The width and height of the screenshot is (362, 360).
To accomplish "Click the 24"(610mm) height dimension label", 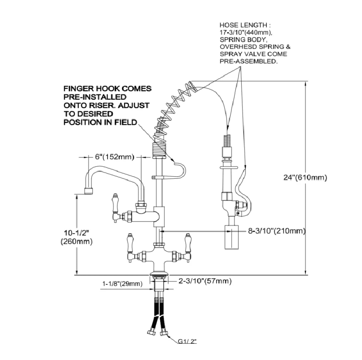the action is (305, 177).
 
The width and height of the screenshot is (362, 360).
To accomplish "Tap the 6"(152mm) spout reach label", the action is (115, 157).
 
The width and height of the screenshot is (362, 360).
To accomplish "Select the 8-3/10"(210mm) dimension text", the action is (276, 231).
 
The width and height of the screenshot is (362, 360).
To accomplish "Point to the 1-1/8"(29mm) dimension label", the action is (122, 284).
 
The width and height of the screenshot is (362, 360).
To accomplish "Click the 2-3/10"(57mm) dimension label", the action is (205, 281).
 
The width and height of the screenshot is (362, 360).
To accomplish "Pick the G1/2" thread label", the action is (187, 341).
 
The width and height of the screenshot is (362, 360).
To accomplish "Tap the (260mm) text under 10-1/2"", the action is (76, 242).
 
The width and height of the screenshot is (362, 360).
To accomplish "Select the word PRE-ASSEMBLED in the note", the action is (248, 61).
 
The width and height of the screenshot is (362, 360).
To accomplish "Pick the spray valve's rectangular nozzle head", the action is (232, 237).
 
